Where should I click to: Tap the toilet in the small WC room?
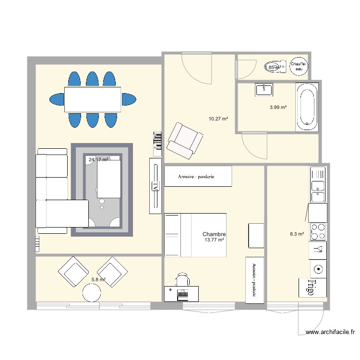point(274,67)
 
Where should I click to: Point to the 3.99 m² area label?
point(278,108)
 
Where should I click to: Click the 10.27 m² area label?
point(217,118)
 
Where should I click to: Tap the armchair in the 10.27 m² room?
point(184,140)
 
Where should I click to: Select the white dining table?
point(92,99)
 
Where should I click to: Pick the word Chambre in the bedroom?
point(214,234)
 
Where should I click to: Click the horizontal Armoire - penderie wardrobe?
point(198,176)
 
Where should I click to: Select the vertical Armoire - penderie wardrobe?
point(254,280)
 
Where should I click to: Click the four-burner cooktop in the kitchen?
point(318,231)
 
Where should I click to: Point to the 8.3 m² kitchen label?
point(297,234)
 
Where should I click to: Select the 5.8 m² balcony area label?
point(98,279)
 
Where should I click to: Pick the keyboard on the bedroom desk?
point(183,293)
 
